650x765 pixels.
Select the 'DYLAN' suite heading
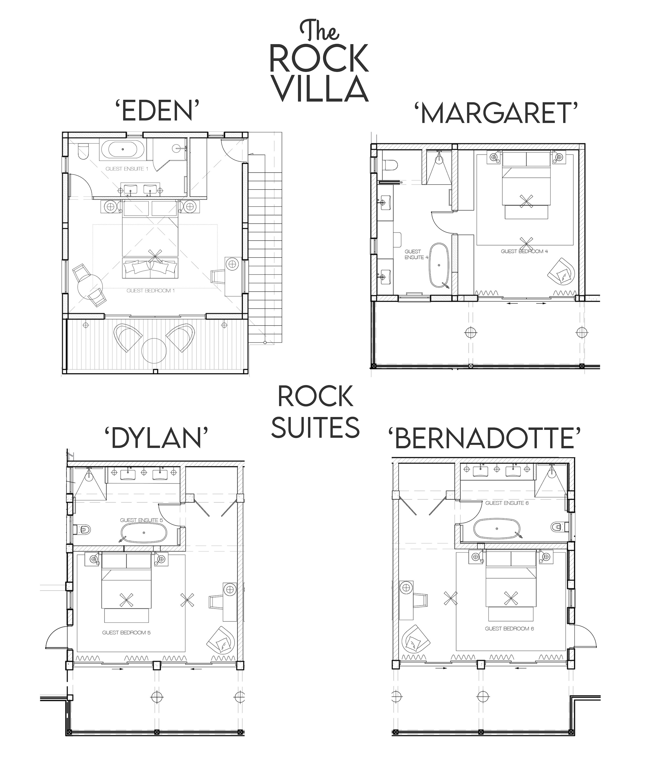(x=157, y=439)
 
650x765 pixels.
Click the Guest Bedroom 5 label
(x=127, y=633)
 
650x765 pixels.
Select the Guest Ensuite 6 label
(x=507, y=503)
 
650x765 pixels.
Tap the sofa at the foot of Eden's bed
(x=150, y=268)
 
